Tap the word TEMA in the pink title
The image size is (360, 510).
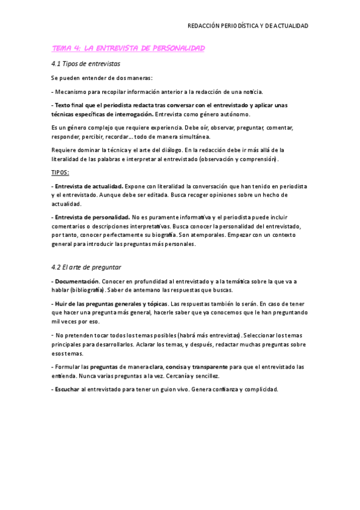(61, 48)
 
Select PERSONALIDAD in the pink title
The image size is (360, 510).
(180, 48)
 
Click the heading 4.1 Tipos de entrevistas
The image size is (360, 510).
(86, 63)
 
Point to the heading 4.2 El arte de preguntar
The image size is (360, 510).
(87, 266)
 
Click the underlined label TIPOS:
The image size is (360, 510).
(60, 173)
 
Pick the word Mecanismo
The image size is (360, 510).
(73, 92)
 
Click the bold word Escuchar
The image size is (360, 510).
(67, 389)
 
